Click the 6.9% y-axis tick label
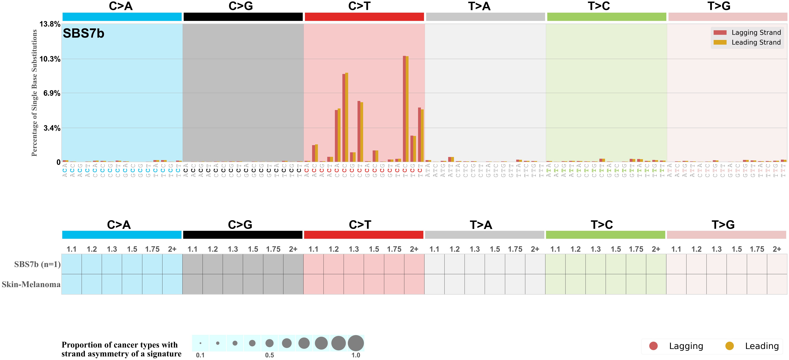(51, 93)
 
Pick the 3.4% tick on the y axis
(51, 128)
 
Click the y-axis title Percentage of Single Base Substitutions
(34, 93)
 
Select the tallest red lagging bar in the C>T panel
(404, 109)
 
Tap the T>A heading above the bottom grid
(481, 225)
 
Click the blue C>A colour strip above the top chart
(122, 17)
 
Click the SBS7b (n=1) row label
(37, 264)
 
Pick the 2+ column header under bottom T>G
(777, 249)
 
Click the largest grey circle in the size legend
(356, 343)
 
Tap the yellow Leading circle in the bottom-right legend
(730, 346)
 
